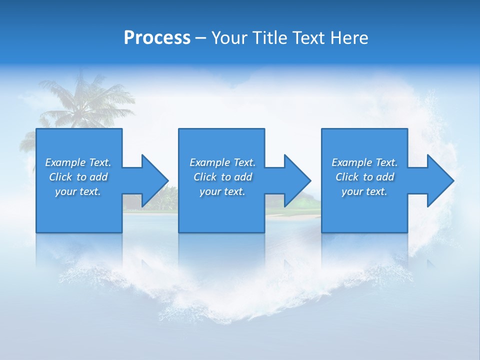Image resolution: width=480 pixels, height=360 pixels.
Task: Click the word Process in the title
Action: point(157,38)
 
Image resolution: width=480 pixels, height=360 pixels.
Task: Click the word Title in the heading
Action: point(269,38)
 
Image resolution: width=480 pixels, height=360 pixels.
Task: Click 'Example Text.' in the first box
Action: point(78,162)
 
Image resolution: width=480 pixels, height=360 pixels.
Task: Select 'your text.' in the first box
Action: point(78,191)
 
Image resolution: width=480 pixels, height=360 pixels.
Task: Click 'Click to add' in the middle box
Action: point(222,177)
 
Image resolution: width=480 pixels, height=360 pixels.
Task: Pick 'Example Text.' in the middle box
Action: point(222,162)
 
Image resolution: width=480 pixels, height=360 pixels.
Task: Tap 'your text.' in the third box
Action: point(364,191)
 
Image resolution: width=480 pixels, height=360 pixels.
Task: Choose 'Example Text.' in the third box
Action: point(364,162)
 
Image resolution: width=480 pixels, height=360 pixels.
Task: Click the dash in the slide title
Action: point(200,38)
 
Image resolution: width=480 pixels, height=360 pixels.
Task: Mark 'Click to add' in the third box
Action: point(364,177)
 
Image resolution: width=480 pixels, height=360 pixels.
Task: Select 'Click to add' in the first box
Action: point(78,177)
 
